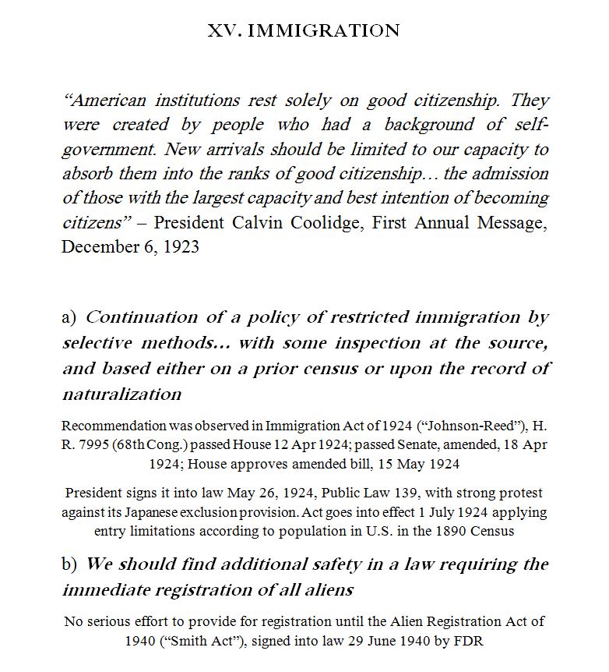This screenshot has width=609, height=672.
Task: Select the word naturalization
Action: [x=121, y=394]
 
